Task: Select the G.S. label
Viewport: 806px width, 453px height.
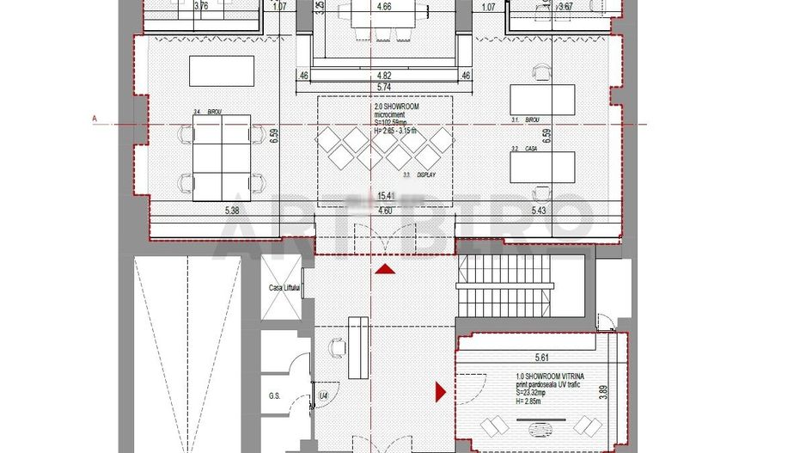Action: click(x=275, y=397)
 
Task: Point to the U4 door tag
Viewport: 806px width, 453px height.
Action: click(x=324, y=395)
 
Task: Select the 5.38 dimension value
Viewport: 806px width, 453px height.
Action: click(x=233, y=211)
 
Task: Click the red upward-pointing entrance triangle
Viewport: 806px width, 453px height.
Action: click(x=386, y=270)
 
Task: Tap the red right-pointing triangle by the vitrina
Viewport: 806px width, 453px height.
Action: click(x=441, y=393)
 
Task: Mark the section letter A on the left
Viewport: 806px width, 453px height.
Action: click(x=93, y=119)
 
